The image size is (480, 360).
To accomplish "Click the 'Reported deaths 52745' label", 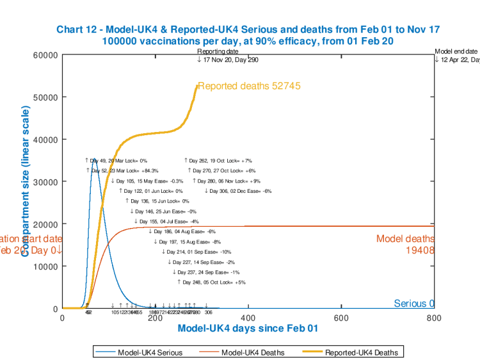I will pos(249,86).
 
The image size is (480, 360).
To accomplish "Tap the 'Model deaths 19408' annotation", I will pos(405,244).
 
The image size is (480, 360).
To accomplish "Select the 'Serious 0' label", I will pos(414,304).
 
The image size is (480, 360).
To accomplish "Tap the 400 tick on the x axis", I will pos(248,317).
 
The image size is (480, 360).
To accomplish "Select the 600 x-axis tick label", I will pos(341,317).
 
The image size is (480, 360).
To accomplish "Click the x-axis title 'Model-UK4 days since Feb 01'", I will pos(247,329).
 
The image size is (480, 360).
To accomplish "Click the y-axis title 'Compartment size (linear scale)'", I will pos(25,182).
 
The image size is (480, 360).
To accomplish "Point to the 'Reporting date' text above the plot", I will pos(218,51).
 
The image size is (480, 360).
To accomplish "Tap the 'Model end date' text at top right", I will pos(456,51).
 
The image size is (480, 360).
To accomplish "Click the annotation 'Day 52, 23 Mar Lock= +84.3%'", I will pos(124,171).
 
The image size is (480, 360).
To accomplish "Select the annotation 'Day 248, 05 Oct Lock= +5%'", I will pos(212,282).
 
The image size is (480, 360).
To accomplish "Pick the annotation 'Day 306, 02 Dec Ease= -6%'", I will pos(239,191).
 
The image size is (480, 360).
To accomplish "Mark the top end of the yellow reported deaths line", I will pos(197,86).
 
